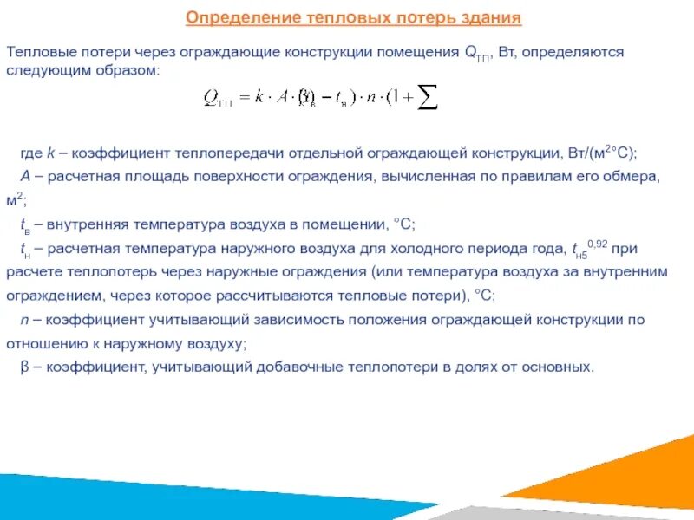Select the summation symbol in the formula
pos(427,98)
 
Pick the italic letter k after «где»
pos(50,153)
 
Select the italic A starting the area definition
pos(25,177)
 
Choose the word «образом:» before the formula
pos(134,69)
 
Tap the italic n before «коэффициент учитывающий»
pos(24,319)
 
